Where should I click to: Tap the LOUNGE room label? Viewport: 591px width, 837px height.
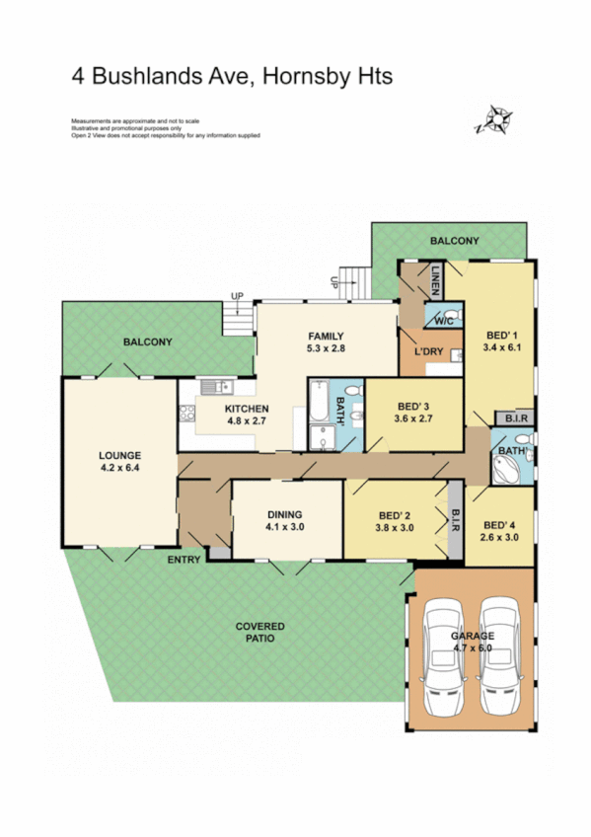tap(119, 454)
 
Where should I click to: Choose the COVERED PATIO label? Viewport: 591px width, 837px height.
tap(260, 632)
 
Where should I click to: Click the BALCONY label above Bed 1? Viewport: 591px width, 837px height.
tap(455, 241)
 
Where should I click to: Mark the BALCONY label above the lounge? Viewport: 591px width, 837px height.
tap(148, 342)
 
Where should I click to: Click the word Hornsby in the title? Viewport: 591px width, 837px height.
tap(308, 76)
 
